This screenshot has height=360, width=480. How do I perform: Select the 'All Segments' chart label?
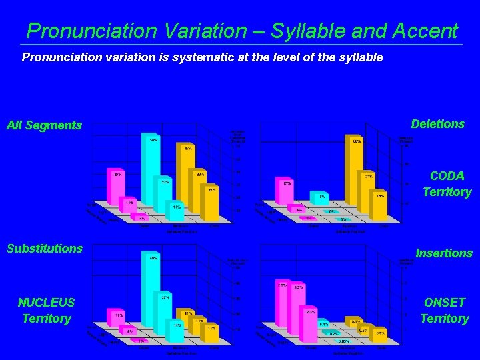point(44,125)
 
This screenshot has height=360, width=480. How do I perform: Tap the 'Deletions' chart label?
point(437,124)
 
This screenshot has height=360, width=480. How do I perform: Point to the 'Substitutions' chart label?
point(45,249)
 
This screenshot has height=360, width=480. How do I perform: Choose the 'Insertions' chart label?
point(443,253)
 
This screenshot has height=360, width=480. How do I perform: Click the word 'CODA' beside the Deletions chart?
point(447,176)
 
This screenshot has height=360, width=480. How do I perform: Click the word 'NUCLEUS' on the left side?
point(46,303)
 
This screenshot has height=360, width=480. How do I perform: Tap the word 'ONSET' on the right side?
point(444,303)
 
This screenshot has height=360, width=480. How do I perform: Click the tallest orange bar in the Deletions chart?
point(352,180)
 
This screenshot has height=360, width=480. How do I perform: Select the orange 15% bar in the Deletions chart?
point(379,208)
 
